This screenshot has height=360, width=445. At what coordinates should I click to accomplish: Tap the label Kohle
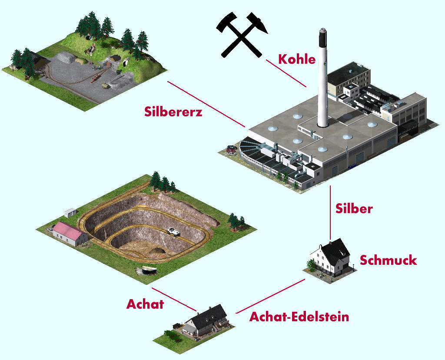pos(297,59)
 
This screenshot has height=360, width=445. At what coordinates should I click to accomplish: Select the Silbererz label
pos(173,112)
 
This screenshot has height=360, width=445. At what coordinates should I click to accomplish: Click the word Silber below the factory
pos(354,208)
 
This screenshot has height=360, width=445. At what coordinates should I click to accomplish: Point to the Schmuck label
pos(388,260)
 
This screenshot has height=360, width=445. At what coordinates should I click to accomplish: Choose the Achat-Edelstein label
pos(299,317)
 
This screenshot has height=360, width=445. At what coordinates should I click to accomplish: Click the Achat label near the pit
pos(145,304)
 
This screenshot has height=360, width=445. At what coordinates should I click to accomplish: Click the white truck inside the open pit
pos(174,231)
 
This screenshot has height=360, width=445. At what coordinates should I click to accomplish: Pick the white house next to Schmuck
pos(332,259)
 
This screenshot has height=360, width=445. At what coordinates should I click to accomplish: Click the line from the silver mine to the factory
pos(206,104)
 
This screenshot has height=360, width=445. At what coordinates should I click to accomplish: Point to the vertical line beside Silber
pos(330,213)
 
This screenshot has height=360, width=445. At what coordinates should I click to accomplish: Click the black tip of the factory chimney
pos(322,37)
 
